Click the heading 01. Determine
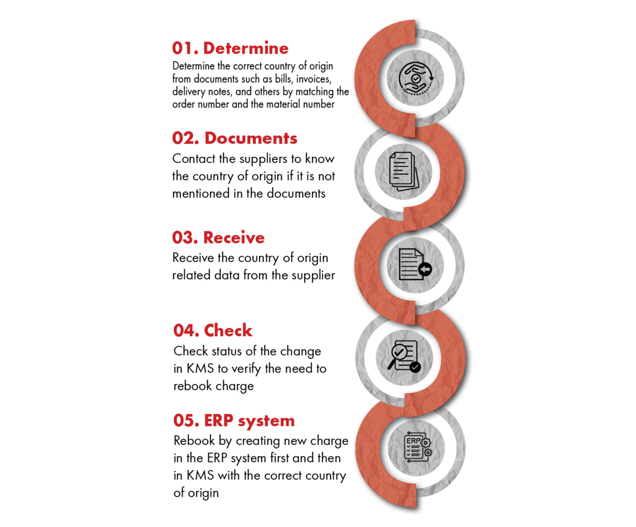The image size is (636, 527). (230, 48)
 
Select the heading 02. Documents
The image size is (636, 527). (235, 138)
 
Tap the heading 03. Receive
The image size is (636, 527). (218, 238)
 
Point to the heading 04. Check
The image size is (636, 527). (213, 330)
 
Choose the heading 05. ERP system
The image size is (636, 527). (234, 420)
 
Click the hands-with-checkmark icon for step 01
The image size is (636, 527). (416, 78)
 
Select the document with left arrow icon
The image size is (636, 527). (415, 264)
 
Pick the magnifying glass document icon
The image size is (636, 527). (404, 356)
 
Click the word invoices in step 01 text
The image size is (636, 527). (314, 79)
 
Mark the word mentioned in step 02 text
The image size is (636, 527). (201, 194)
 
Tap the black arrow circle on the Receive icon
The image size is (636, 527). (425, 269)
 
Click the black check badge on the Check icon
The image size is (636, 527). (415, 367)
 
